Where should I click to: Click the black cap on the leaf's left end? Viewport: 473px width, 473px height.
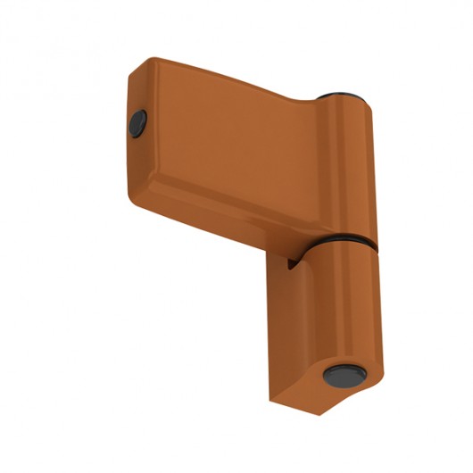click(138, 123)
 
